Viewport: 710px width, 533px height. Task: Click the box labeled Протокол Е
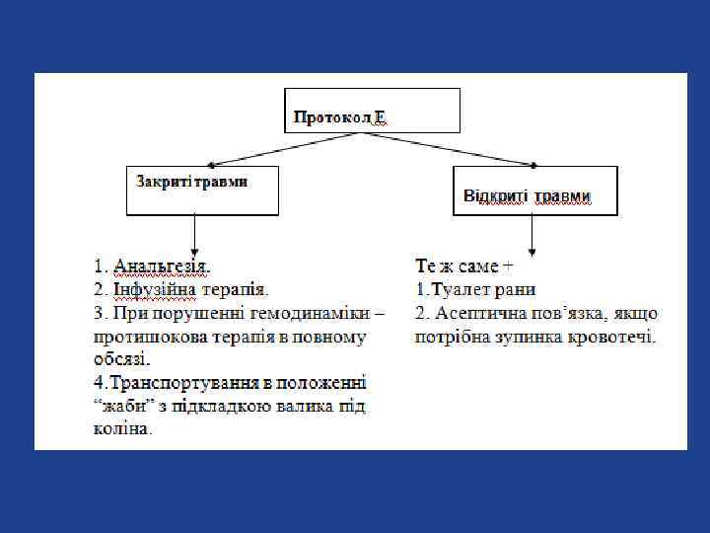[x=372, y=111]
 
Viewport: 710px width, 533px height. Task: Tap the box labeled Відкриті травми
[x=533, y=190]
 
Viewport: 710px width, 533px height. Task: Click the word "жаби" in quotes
[x=120, y=406]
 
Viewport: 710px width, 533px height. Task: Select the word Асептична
[x=473, y=313]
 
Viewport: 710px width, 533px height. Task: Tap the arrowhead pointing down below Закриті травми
[x=195, y=252]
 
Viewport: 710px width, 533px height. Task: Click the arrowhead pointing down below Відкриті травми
[x=532, y=252]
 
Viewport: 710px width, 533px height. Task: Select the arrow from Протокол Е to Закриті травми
[x=286, y=149]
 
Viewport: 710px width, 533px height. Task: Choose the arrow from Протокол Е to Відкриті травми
[x=454, y=149]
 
